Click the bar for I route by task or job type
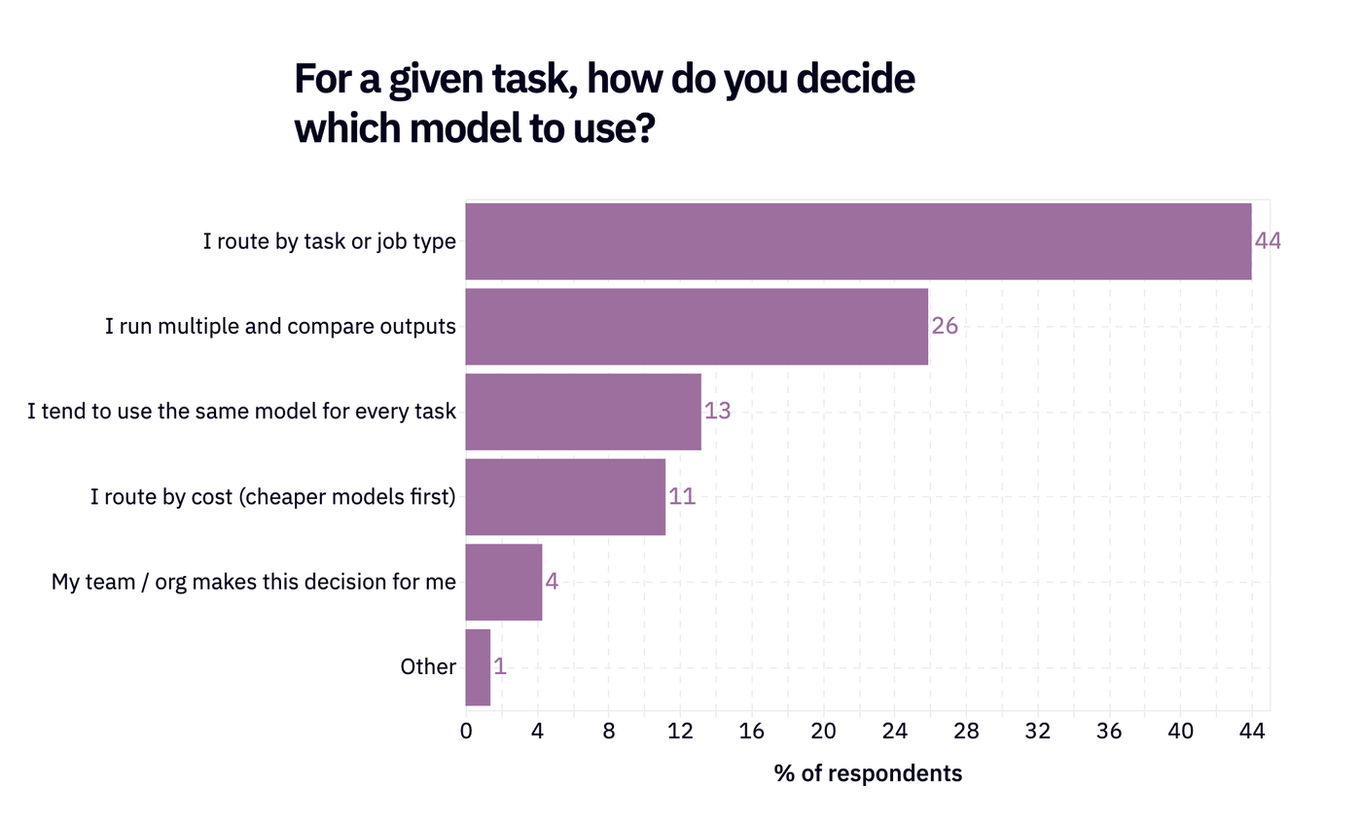pos(858,241)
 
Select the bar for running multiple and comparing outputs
pos(697,327)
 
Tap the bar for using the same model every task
pos(583,411)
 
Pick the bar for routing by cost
pos(565,497)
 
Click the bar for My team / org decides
pos(504,582)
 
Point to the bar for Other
pos(478,667)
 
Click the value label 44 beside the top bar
pos(1268,241)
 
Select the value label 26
pos(945,327)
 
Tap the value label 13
pos(718,411)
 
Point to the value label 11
pos(682,497)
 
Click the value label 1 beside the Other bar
pos(500,667)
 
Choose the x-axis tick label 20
pos(823,731)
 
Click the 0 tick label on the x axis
pos(466,731)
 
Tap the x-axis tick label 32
pos(1037,731)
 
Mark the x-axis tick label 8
pos(609,731)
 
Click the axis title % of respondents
pos(868,774)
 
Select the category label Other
pos(428,667)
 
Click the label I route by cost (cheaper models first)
pos(273,497)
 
